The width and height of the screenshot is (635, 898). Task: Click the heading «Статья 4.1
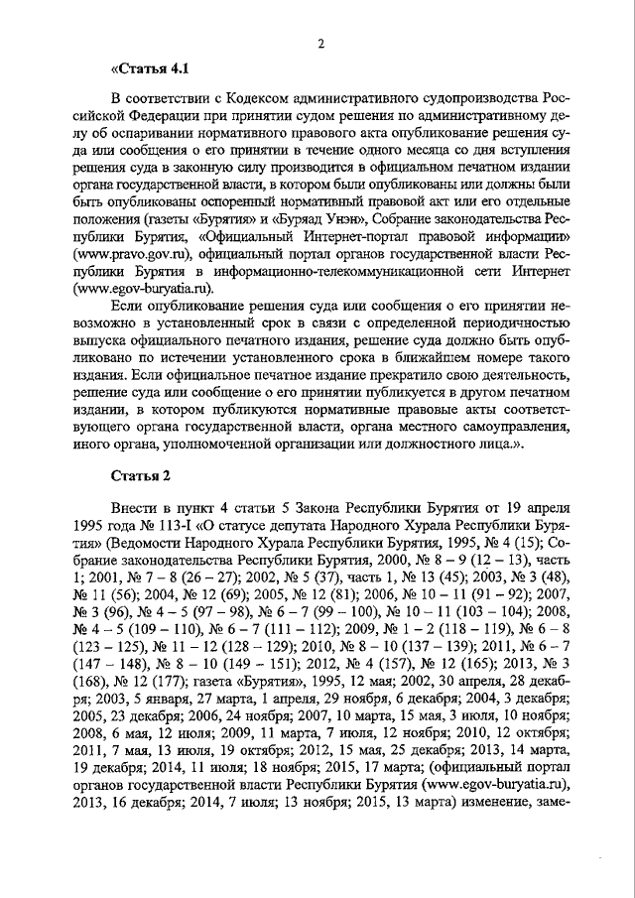(148, 68)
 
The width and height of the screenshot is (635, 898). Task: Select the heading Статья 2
(147, 473)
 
